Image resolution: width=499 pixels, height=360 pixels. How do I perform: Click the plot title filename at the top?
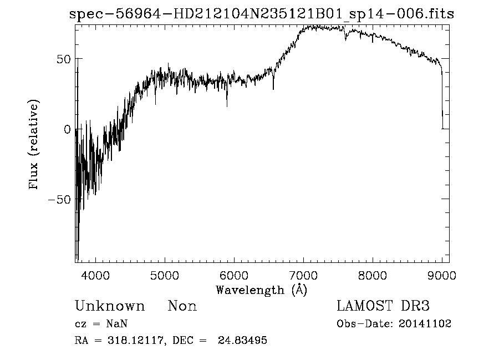pyautogui.click(x=262, y=14)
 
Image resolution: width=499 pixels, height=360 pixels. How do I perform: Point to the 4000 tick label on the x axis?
pyautogui.click(x=96, y=275)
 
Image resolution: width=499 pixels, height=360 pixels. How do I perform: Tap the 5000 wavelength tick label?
pyautogui.click(x=165, y=275)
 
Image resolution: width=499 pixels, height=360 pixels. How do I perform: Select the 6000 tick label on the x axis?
pyautogui.click(x=235, y=275)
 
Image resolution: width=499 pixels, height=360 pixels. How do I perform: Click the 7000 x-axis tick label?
pyautogui.click(x=304, y=275)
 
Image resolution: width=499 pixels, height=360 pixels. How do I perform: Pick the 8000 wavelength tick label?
pyautogui.click(x=373, y=275)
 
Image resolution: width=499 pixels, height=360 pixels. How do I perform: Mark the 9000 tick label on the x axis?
pyautogui.click(x=442, y=275)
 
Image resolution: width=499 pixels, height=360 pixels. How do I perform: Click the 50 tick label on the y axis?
pyautogui.click(x=63, y=59)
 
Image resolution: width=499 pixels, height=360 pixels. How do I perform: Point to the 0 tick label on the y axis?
pyautogui.click(x=67, y=129)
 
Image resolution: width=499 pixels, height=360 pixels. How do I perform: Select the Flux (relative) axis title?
pyautogui.click(x=34, y=145)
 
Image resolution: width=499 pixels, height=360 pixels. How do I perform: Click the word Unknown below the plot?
pyautogui.click(x=110, y=306)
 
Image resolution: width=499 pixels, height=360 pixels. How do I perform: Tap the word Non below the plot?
pyautogui.click(x=182, y=306)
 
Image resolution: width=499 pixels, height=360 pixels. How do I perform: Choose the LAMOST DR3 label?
pyautogui.click(x=383, y=306)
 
